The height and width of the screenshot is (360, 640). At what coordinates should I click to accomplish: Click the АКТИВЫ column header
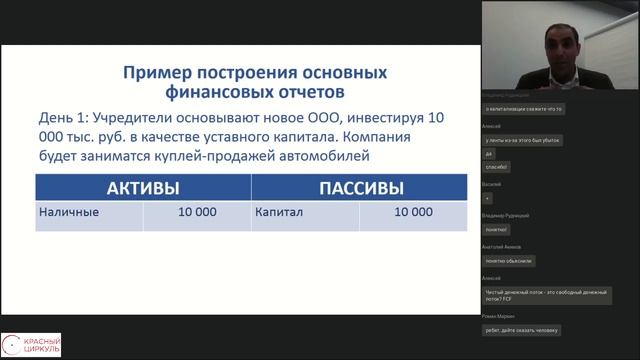[x=143, y=188]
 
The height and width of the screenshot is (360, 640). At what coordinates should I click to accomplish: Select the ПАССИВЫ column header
[x=361, y=188]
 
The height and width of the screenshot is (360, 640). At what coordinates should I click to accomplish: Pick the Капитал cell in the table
[x=279, y=213]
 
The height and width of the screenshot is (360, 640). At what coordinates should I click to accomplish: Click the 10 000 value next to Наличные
[x=197, y=213]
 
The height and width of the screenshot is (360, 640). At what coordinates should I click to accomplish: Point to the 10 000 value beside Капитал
[x=414, y=213]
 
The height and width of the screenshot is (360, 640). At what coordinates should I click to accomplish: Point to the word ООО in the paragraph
[x=307, y=118]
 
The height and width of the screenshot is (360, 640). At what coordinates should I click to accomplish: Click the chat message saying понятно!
[x=498, y=230]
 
